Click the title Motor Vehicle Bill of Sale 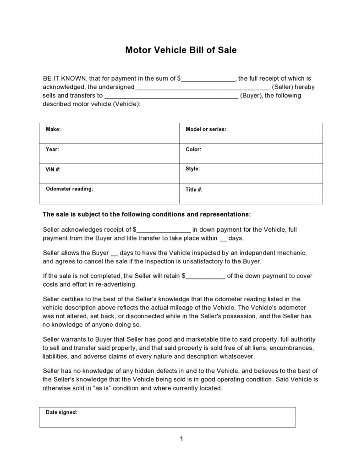(181, 50)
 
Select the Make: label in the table (53, 130)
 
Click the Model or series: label (206, 130)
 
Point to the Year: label (52, 149)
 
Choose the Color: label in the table (193, 149)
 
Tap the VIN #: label (53, 169)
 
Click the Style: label (192, 169)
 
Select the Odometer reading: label (69, 189)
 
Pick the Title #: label (194, 190)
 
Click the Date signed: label (61, 412)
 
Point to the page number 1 (181, 439)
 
